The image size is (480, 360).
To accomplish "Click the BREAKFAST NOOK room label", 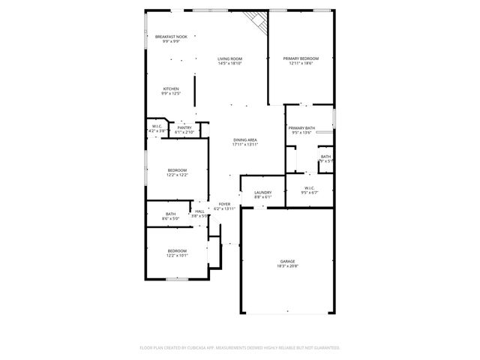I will pyautogui.click(x=171, y=37).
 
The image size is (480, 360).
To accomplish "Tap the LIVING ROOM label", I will pyautogui.click(x=229, y=58).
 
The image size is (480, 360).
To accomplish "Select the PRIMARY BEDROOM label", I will pyautogui.click(x=301, y=58).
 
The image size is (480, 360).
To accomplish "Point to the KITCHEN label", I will pyautogui.click(x=171, y=88).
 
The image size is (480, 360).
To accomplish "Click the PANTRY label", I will pyautogui.click(x=184, y=127).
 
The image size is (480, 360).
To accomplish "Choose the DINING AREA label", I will pyautogui.click(x=245, y=139).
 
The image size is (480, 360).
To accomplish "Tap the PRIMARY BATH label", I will pyautogui.click(x=301, y=127).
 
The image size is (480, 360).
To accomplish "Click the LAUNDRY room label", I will pyautogui.click(x=262, y=192).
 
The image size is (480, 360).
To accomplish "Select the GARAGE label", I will pyautogui.click(x=288, y=261).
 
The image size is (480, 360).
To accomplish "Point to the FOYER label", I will pyautogui.click(x=224, y=203).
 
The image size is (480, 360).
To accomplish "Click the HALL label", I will pyautogui.click(x=199, y=211).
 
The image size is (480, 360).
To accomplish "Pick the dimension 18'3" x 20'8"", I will pyautogui.click(x=288, y=265).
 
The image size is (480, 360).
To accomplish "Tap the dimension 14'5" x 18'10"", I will pyautogui.click(x=229, y=63).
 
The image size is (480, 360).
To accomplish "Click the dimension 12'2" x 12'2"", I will pyautogui.click(x=177, y=175).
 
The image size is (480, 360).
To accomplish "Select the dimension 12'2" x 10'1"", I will pyautogui.click(x=177, y=255).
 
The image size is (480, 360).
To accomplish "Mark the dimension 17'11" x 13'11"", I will pyautogui.click(x=245, y=144).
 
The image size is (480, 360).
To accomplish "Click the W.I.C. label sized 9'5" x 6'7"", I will pyautogui.click(x=309, y=187).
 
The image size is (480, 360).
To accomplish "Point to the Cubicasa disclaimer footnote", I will pyautogui.click(x=240, y=347).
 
